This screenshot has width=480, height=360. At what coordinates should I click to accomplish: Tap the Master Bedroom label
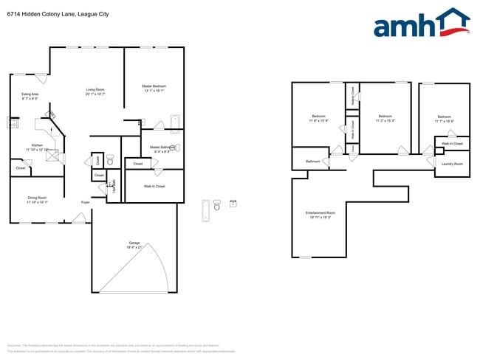(154, 89)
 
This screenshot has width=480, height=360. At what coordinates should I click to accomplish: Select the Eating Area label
(30, 96)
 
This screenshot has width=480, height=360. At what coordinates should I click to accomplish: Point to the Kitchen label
(37, 147)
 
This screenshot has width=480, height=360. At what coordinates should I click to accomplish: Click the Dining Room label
(37, 199)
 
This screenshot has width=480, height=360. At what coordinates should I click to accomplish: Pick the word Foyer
(86, 201)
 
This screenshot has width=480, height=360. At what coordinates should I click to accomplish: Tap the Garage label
(134, 244)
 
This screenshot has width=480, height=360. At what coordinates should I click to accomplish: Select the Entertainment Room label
(318, 215)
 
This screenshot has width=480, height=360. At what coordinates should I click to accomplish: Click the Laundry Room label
(452, 163)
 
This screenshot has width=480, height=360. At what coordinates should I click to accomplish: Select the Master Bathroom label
(160, 149)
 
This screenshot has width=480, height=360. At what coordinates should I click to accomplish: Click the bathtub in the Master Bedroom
(175, 122)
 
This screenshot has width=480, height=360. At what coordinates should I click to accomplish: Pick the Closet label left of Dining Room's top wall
(21, 168)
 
